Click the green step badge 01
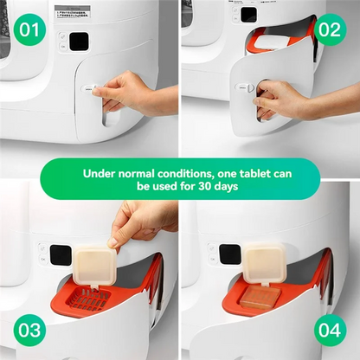tap(29, 31)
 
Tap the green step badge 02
tap(331, 31)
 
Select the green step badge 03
tap(29, 331)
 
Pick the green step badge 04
tap(331, 331)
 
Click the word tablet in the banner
tap(265, 172)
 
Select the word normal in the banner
tap(142, 172)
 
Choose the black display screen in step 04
tap(228, 254)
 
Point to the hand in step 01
tap(130, 90)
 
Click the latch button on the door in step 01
tap(88, 88)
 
